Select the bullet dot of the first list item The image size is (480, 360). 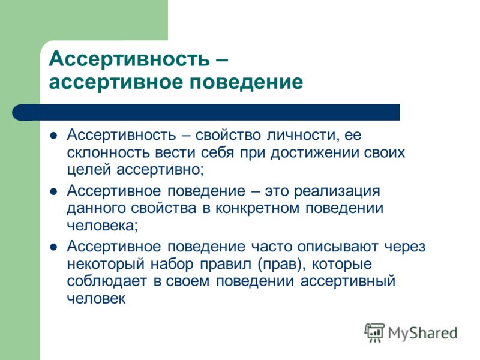coord(53,136)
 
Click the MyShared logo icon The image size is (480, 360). coord(374,332)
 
